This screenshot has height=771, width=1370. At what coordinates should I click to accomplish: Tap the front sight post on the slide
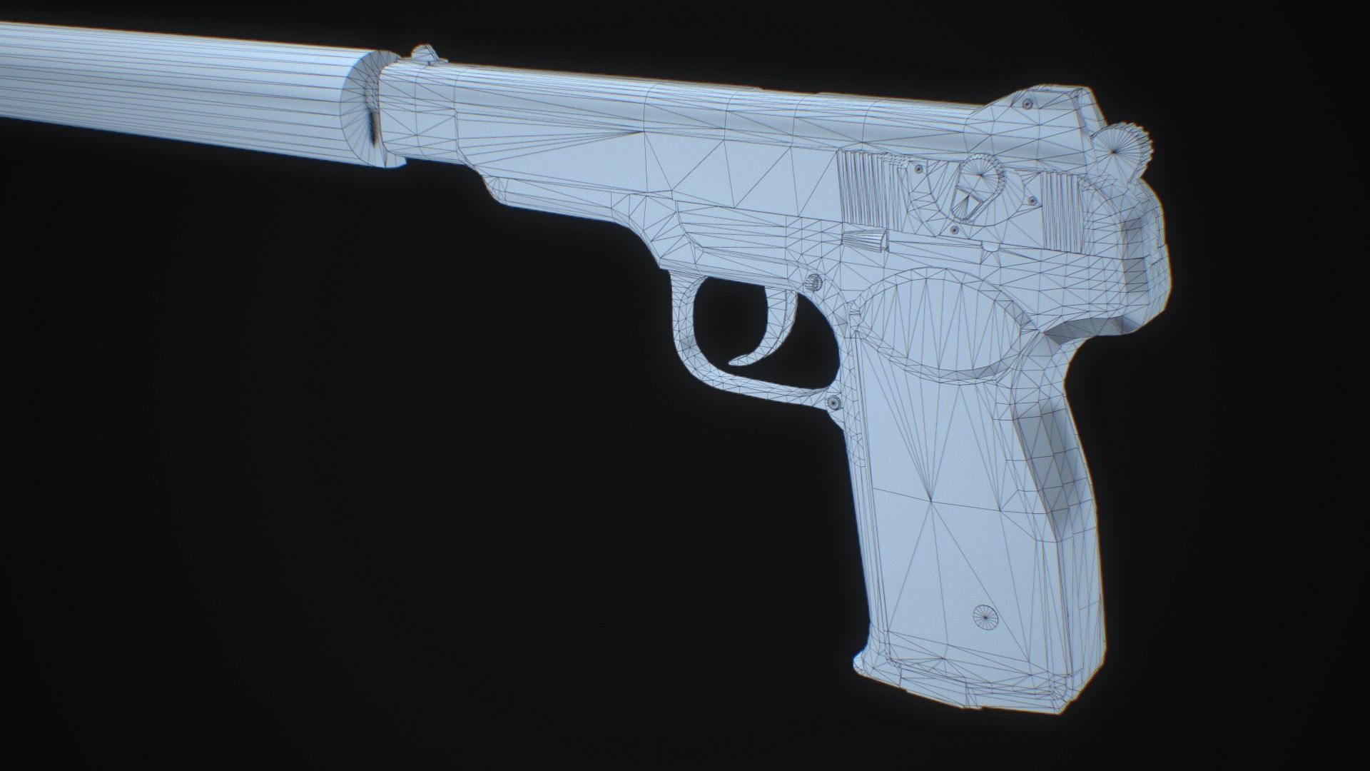(x=426, y=54)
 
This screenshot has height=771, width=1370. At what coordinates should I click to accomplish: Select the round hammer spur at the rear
(x=1127, y=146)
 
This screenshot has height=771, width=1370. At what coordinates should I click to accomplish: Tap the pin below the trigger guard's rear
(x=833, y=403)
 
